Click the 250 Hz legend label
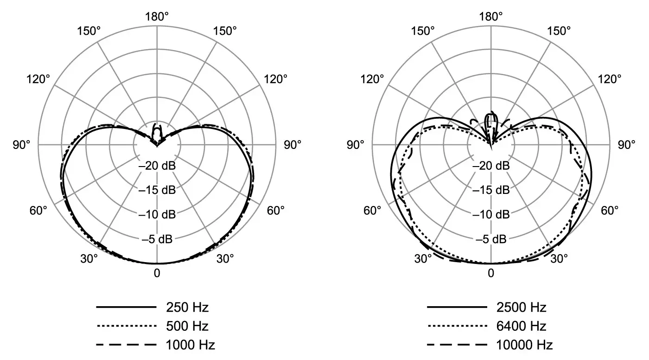[x=188, y=307]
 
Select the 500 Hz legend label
[x=188, y=326]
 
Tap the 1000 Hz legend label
[x=191, y=345]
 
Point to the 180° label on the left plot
[x=157, y=17]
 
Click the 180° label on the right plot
[x=491, y=17]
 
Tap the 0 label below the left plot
[x=157, y=273]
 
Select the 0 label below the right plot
[x=491, y=273]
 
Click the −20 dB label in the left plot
[x=157, y=166]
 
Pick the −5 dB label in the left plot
[x=157, y=239]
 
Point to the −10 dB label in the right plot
[x=491, y=215]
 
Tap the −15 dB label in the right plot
[x=491, y=190]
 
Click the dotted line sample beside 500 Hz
[x=126, y=326]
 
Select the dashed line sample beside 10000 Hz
[x=457, y=345]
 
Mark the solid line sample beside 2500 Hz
[x=457, y=307]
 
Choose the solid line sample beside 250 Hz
[x=126, y=307]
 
